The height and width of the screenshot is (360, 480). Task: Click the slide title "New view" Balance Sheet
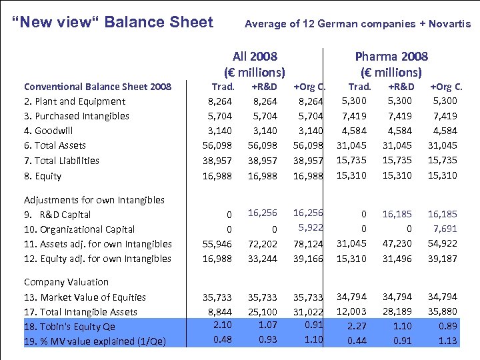(113, 22)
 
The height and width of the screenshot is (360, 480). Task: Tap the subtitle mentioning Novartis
(357, 24)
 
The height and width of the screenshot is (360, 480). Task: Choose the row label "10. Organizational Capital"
(79, 229)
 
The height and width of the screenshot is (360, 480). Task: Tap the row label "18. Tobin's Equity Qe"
(69, 327)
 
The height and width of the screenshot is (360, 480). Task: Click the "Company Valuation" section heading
(66, 282)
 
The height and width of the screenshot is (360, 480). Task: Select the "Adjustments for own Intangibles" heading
(94, 200)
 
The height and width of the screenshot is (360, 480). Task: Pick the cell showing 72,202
(262, 244)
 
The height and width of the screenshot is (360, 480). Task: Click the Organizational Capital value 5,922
(309, 227)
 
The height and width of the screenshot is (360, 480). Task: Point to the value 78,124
(308, 244)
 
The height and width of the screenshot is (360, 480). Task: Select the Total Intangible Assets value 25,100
(262, 312)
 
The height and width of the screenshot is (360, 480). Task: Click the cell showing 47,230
(400, 243)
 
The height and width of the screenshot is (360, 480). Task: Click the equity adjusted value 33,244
(262, 259)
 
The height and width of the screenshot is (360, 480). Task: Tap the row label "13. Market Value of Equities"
(85, 297)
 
